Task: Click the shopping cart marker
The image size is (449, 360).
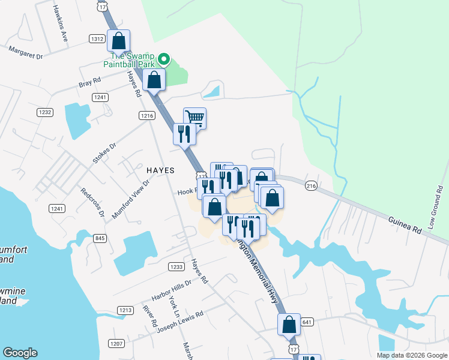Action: [194, 117]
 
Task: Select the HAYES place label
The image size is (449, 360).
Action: [160, 170]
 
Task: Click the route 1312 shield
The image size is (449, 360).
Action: [97, 38]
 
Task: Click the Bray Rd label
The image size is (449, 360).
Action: [89, 82]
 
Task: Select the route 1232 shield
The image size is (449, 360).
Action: [45, 112]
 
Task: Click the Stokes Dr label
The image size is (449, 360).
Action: [104, 152]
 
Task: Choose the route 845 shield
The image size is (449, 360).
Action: [100, 238]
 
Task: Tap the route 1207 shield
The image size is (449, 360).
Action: [116, 343]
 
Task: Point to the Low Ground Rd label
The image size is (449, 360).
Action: [435, 211]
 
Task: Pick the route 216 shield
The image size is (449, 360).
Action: [311, 186]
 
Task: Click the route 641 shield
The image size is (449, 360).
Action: [307, 322]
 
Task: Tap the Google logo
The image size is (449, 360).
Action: [20, 353]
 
